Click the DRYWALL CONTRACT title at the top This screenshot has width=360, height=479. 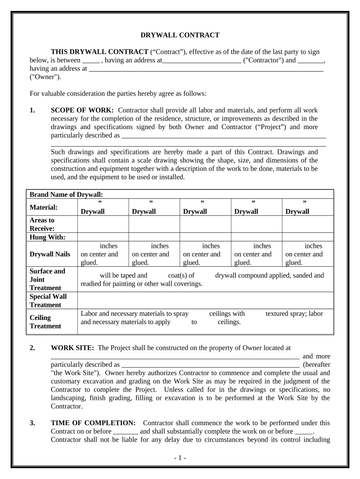(x=180, y=35)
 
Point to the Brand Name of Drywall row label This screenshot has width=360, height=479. (x=66, y=194)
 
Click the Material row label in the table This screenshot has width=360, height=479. (x=43, y=207)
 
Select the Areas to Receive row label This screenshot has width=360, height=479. (x=42, y=224)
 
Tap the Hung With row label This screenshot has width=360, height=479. (x=47, y=237)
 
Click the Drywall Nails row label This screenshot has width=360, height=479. (x=50, y=254)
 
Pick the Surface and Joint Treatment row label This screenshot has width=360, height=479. (x=47, y=279)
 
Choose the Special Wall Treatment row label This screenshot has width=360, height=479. (x=48, y=300)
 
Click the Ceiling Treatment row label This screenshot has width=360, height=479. (x=45, y=321)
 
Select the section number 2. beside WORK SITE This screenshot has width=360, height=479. (x=32, y=348)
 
